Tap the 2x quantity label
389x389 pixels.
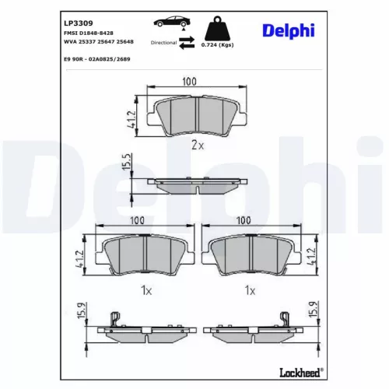196,145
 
